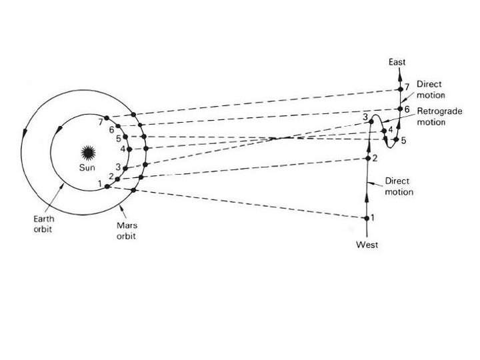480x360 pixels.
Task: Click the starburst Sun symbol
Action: (87, 151)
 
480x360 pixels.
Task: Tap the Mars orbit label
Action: (126, 231)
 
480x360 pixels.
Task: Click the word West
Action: (367, 245)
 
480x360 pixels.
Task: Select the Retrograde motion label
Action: (435, 116)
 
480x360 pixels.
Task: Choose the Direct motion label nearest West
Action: (399, 187)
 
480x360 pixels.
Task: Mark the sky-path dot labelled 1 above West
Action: (365, 218)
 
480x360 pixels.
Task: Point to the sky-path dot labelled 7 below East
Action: (400, 89)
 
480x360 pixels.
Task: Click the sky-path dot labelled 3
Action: (371, 122)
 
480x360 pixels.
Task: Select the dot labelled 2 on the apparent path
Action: (367, 158)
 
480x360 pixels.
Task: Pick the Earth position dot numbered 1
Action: (107, 186)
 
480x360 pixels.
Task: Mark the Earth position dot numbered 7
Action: (107, 119)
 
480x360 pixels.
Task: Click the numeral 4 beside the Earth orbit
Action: (123, 149)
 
